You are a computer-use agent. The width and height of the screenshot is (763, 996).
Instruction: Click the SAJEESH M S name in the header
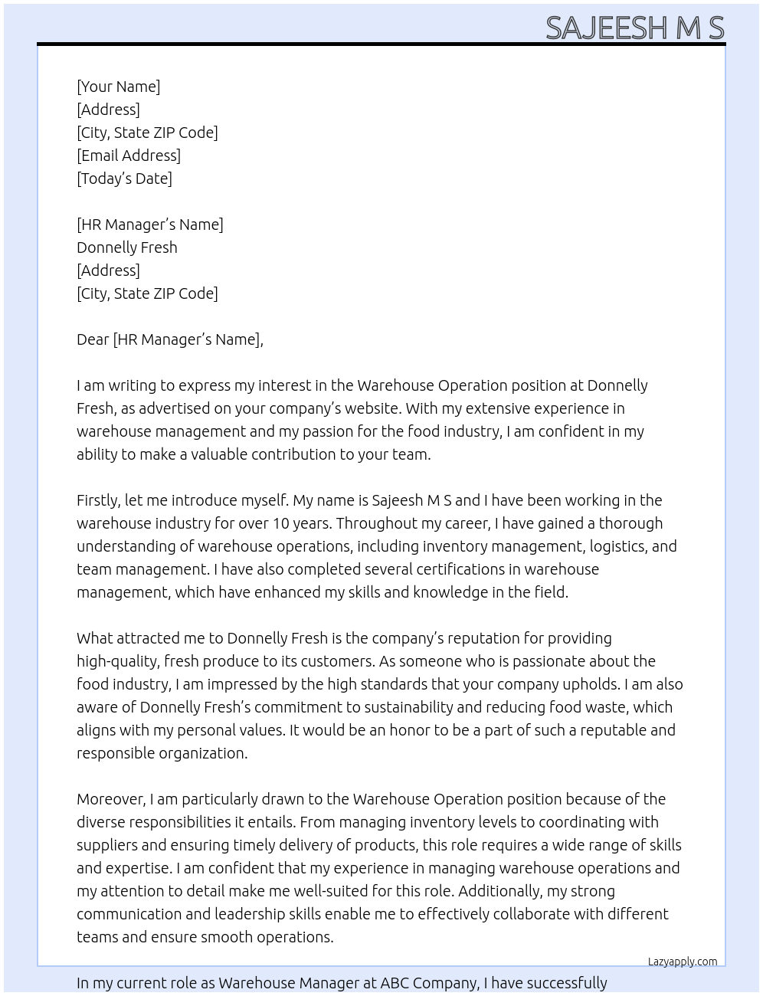pos(634,28)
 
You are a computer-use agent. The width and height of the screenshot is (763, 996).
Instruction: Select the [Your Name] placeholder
pos(119,87)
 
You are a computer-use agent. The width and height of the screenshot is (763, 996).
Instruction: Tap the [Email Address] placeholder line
pos(129,156)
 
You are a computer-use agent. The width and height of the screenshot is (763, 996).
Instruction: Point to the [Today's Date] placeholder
pos(124,179)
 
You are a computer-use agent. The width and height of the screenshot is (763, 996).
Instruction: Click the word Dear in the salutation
pos(93,339)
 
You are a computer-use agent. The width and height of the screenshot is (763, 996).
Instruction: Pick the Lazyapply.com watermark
pos(683,962)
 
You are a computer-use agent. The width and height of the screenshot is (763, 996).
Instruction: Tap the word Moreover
pos(111,799)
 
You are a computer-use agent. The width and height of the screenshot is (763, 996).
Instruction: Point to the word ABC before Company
pos(395,983)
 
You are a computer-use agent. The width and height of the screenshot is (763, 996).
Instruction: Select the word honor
pos(411,730)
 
